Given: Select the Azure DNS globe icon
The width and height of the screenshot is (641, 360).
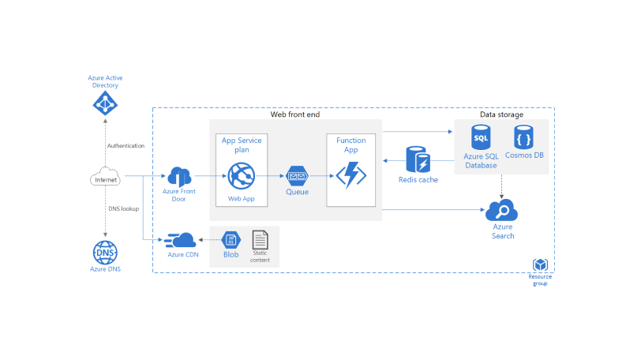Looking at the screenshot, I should tap(105, 252).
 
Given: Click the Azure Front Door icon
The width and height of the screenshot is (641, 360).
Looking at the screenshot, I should tap(178, 177).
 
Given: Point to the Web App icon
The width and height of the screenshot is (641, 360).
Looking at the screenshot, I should tap(241, 175).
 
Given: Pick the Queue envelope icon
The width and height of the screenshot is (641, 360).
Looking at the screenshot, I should tap(297, 175).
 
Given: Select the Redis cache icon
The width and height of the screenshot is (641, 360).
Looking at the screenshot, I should tap(418, 159).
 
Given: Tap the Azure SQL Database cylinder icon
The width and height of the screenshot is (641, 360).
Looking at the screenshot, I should tap(481, 137).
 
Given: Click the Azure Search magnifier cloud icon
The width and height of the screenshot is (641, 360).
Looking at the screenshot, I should tap(502, 211).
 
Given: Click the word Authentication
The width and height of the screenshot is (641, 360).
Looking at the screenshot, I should tap(126, 146).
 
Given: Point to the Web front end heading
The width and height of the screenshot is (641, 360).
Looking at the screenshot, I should tap(295, 115).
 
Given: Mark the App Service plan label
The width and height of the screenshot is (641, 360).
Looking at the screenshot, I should tap(241, 144).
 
